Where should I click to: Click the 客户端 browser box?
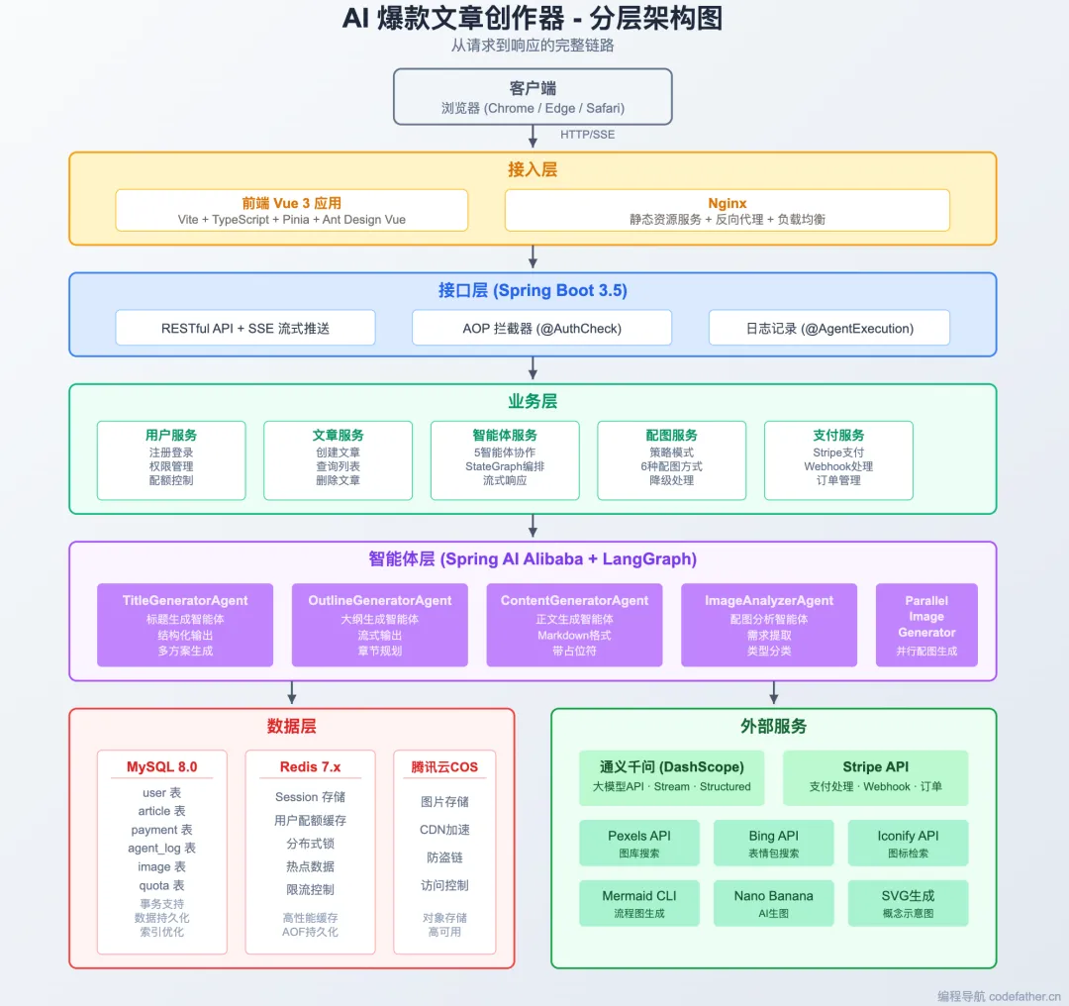[533, 97]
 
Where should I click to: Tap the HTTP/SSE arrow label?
[587, 135]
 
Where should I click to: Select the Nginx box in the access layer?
[727, 211]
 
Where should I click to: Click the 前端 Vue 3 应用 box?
[291, 211]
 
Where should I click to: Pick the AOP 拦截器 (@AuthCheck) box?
[541, 328]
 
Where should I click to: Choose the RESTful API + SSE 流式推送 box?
[245, 328]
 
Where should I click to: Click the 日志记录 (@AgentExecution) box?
[828, 328]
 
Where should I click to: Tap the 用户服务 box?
[171, 460]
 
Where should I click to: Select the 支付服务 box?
[838, 460]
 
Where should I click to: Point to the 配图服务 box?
[671, 460]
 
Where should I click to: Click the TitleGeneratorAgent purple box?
[185, 625]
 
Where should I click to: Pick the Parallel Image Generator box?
[926, 625]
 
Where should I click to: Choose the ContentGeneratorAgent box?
[574, 625]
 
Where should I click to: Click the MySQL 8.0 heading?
[162, 767]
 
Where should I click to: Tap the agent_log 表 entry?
[162, 849]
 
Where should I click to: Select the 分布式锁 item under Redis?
[310, 844]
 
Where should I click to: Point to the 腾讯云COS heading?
[444, 767]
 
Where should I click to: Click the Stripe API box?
[875, 777]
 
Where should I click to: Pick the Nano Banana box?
[773, 903]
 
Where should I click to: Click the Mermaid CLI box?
[639, 903]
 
